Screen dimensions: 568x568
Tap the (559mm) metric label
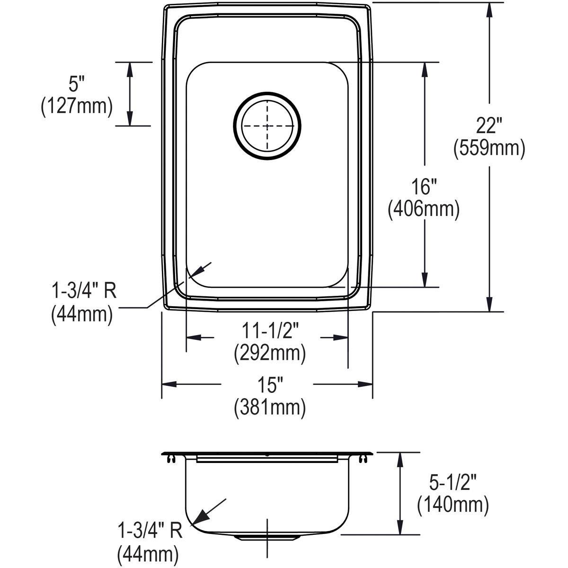489,149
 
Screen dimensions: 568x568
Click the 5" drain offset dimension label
76,85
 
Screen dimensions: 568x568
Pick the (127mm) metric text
77,106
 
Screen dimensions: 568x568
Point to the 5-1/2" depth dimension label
453,484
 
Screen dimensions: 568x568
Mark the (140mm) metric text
453,505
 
